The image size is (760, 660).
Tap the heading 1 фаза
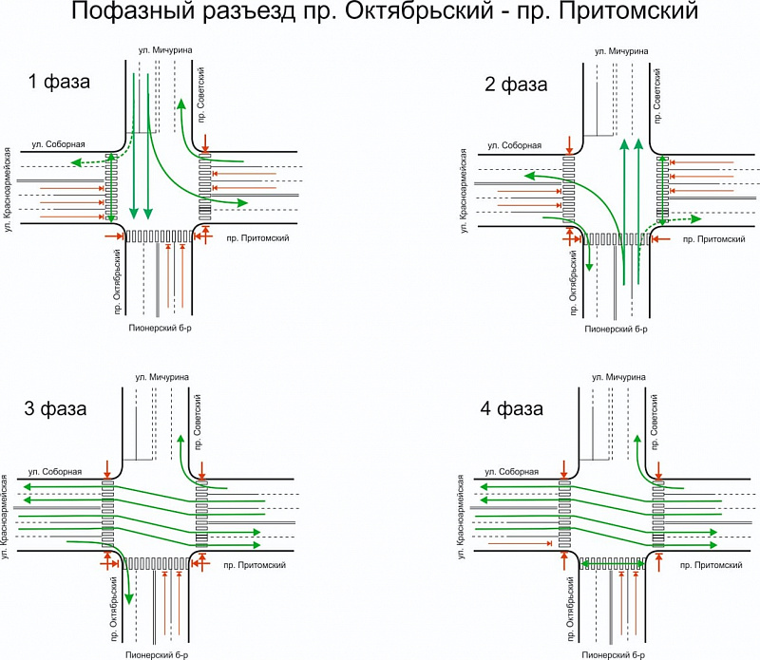(59, 82)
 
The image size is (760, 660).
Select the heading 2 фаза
(516, 84)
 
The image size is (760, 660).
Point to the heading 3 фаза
(55, 409)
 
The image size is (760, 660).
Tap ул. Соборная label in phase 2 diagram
(514, 145)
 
